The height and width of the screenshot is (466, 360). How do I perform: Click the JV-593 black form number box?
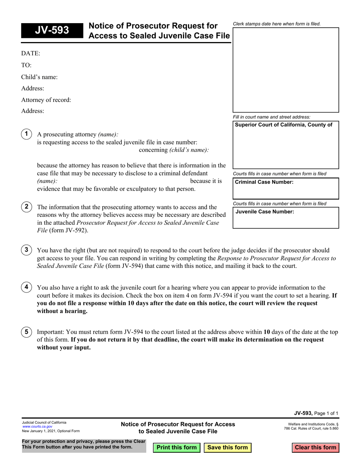pyautogui.click(x=52, y=30)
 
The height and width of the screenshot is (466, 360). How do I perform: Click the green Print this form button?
pyautogui.click(x=176, y=447)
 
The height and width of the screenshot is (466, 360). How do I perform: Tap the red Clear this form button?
pyautogui.click(x=315, y=447)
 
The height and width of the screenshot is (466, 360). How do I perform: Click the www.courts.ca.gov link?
pyautogui.click(x=37, y=427)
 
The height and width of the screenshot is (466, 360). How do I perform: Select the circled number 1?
pyautogui.click(x=26, y=134)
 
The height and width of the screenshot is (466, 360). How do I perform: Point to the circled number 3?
pyautogui.click(x=26, y=250)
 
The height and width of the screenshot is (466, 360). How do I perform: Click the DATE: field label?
pyautogui.click(x=31, y=54)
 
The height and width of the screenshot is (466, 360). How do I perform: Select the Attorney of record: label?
pyautogui.click(x=46, y=100)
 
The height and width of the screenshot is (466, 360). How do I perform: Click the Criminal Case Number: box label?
pyautogui.click(x=264, y=182)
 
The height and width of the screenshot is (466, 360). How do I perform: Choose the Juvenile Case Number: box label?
pyautogui.click(x=265, y=212)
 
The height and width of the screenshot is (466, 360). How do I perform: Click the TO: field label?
pyautogui.click(x=27, y=66)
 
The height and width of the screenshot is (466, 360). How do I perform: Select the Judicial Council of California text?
pyautogui.click(x=44, y=422)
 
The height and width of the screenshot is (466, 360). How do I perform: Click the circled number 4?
pyautogui.click(x=26, y=287)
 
